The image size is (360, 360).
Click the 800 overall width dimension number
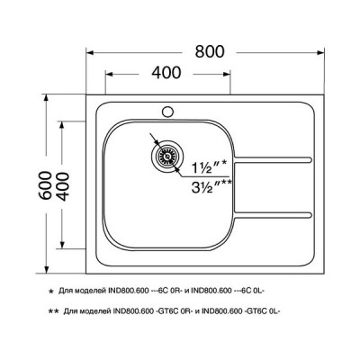point(209,52)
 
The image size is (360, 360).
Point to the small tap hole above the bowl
point(166,113)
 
